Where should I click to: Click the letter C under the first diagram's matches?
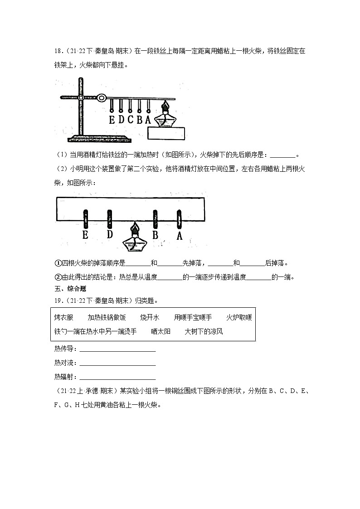[130, 119]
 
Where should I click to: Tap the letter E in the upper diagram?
[112, 119]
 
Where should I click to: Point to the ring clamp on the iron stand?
[101, 97]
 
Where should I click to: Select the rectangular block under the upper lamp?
[167, 134]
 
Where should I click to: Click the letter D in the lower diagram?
[109, 234]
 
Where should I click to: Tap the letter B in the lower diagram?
[155, 235]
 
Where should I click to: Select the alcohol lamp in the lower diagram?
[133, 238]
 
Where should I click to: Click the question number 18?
[58, 51]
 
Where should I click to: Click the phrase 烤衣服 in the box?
[63, 317]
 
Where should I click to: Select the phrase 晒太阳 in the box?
[161, 331]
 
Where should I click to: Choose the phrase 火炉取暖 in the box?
[238, 317]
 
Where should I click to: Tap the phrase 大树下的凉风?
[204, 331]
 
